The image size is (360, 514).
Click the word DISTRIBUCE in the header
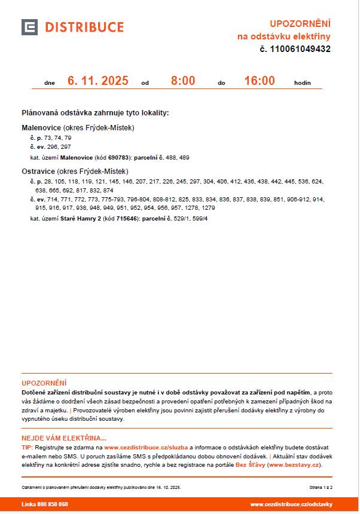(84, 27)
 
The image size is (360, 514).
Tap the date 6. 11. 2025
(97, 81)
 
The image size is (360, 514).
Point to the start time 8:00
(183, 81)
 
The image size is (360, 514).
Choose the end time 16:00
(260, 81)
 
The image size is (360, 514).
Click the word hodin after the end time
(303, 83)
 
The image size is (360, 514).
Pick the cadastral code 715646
(127, 219)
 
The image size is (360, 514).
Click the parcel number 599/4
(200, 219)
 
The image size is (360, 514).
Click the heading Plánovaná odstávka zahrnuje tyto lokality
(95, 112)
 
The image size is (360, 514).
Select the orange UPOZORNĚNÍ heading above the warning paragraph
(44, 383)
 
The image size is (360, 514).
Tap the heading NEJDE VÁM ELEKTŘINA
(64, 437)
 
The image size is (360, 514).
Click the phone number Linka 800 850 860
(45, 504)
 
